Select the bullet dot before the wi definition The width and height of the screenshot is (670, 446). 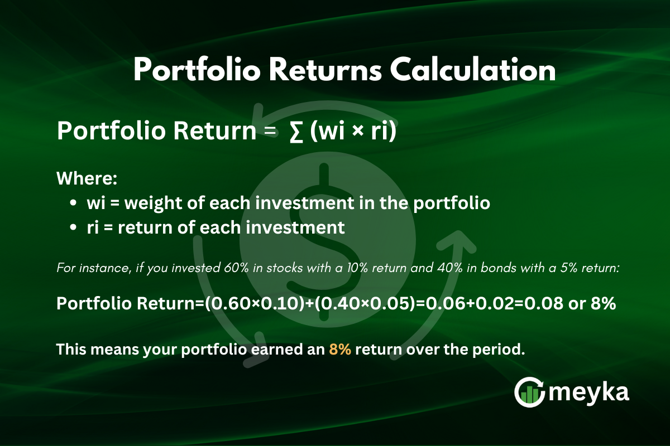[73, 204]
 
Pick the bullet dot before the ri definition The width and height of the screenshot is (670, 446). [73, 227]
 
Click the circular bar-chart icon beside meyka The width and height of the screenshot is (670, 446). [529, 392]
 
